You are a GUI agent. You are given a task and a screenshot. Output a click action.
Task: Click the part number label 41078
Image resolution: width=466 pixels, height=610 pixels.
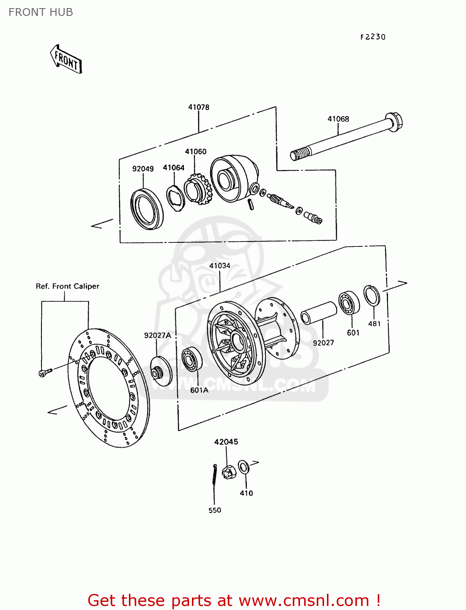click(x=198, y=107)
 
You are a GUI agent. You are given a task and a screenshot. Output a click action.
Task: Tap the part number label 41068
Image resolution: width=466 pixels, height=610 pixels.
click(x=338, y=119)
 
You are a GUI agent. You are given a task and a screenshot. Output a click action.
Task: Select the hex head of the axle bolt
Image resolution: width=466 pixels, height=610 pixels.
click(x=394, y=121)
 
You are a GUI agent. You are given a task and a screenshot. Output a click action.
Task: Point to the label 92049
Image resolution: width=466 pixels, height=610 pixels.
click(x=143, y=169)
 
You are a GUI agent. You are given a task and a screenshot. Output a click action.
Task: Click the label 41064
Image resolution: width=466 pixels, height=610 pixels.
click(x=173, y=168)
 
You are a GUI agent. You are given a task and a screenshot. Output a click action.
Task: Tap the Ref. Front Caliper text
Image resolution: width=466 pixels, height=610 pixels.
click(x=68, y=286)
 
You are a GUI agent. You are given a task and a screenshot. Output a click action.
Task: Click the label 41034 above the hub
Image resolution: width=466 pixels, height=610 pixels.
click(x=220, y=266)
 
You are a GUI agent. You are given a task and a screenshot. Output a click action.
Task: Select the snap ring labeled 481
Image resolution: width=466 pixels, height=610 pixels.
click(x=372, y=296)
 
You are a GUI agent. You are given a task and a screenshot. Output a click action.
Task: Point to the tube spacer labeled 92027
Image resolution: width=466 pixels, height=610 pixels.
click(x=319, y=312)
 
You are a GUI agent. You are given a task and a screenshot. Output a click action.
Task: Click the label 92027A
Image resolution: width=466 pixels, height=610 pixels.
click(x=157, y=335)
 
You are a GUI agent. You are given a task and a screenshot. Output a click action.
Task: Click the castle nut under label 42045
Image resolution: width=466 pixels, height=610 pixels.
click(x=229, y=472)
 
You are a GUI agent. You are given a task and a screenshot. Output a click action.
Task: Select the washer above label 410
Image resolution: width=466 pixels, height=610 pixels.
click(x=244, y=467)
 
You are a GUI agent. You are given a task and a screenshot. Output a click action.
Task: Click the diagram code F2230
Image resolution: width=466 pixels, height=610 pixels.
click(x=372, y=37)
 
